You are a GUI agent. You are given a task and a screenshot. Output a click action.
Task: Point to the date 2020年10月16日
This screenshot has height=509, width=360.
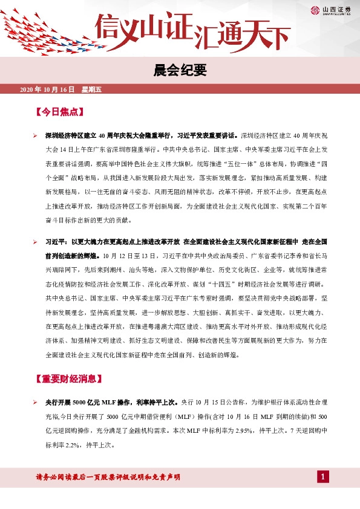[x=47, y=89]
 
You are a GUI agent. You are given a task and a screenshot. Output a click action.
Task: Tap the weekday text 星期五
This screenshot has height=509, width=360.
[x=92, y=89]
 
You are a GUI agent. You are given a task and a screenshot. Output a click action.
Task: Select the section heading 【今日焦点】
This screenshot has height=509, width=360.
[x=59, y=112]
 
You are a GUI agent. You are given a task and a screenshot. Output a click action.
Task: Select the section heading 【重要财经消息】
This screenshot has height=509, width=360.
[x=67, y=379]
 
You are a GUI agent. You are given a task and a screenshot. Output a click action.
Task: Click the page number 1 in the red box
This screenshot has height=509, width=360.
[x=323, y=478]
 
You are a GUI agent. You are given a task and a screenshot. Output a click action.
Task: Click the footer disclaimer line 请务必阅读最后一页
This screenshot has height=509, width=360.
[x=108, y=478]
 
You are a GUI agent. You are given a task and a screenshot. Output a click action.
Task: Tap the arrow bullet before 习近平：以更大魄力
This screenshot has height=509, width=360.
[x=36, y=242]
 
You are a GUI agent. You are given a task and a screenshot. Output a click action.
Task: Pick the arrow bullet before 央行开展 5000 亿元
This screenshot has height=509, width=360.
[x=36, y=401]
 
